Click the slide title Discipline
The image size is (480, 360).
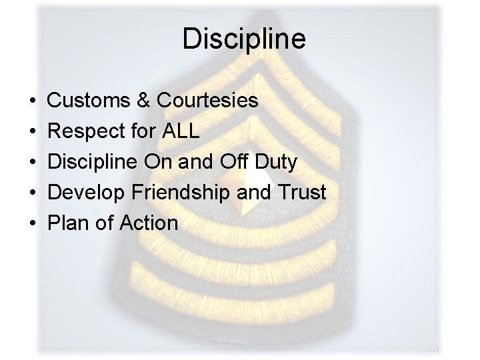(243, 39)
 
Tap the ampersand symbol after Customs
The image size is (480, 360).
(145, 101)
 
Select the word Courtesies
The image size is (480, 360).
(207, 101)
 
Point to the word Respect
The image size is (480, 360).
(89, 131)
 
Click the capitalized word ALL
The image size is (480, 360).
(181, 131)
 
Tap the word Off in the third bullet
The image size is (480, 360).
(229, 162)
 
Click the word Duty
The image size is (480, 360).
(274, 162)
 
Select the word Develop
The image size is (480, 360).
(88, 193)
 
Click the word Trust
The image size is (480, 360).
(302, 193)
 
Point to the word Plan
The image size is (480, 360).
(70, 223)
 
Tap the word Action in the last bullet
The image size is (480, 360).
(149, 223)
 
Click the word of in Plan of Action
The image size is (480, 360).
(105, 223)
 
